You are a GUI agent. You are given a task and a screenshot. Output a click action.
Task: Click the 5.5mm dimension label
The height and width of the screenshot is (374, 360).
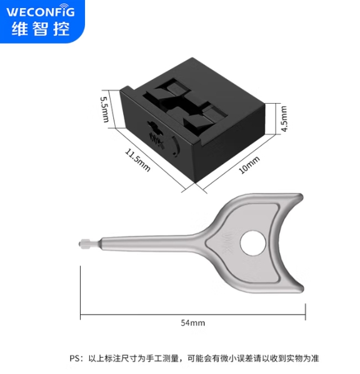pyautogui.click(x=104, y=109)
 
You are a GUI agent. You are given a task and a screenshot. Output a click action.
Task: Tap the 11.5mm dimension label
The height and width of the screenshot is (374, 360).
pyautogui.click(x=137, y=160)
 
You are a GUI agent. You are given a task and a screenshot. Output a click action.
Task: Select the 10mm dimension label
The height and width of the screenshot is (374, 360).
pyautogui.click(x=249, y=165)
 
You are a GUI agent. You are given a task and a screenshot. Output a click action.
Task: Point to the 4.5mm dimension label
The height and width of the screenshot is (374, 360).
pyautogui.click(x=284, y=119)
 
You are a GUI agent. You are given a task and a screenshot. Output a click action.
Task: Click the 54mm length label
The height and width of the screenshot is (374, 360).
pyautogui.click(x=192, y=323)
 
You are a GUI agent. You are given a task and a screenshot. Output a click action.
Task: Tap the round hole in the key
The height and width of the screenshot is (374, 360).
pyautogui.click(x=252, y=243)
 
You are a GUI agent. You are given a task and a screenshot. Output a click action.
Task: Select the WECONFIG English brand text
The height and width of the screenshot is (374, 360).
pyautogui.click(x=41, y=12)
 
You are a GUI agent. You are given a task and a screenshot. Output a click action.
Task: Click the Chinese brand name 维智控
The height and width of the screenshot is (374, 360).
pyautogui.click(x=41, y=29)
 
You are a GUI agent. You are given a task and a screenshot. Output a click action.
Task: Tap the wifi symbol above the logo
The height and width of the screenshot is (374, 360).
pyautogui.click(x=64, y=6)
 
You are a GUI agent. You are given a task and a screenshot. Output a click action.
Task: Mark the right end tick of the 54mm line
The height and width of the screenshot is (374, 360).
pyautogui.click(x=306, y=312)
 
